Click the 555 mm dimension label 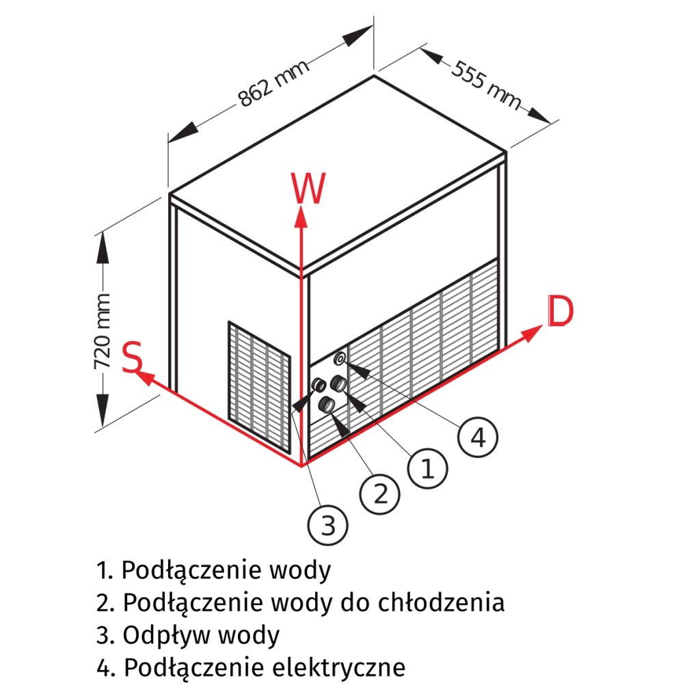(x=486, y=84)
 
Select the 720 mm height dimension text (x=103, y=332)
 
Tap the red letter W (x=308, y=189)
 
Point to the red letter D (x=560, y=312)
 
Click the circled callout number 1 (x=427, y=469)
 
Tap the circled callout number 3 (x=328, y=525)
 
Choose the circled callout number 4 (x=478, y=436)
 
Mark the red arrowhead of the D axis (x=534, y=333)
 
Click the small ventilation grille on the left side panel (x=259, y=386)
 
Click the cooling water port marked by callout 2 (x=328, y=405)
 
